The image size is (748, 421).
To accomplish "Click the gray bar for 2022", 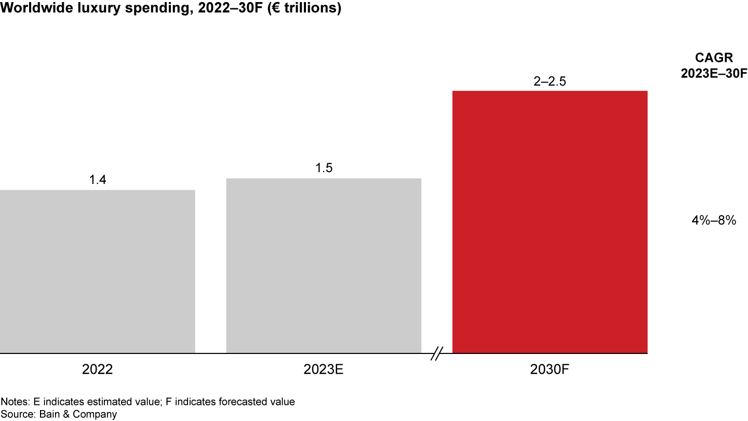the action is (98, 271).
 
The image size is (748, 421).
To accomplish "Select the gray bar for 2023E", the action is (324, 266).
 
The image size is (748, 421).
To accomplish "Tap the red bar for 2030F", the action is (550, 222).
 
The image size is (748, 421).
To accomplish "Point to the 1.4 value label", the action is (98, 180).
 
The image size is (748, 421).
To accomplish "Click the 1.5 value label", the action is (324, 168).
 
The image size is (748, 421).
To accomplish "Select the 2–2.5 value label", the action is (550, 81).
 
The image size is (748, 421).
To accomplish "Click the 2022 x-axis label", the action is (98, 369).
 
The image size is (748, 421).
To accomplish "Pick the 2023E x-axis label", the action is (323, 369).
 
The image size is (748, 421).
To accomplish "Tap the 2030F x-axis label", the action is (550, 369).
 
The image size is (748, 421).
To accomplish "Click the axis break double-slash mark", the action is (437, 353).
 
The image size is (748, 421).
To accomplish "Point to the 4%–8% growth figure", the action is (714, 220).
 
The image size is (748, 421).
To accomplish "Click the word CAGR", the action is (714, 58).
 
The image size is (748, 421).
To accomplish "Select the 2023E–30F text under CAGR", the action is (714, 73).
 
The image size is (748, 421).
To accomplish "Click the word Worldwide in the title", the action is (36, 8).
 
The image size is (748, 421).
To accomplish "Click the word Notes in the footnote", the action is (15, 401).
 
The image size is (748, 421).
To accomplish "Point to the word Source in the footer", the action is (18, 414).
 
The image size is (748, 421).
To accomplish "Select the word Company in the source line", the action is (95, 415).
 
